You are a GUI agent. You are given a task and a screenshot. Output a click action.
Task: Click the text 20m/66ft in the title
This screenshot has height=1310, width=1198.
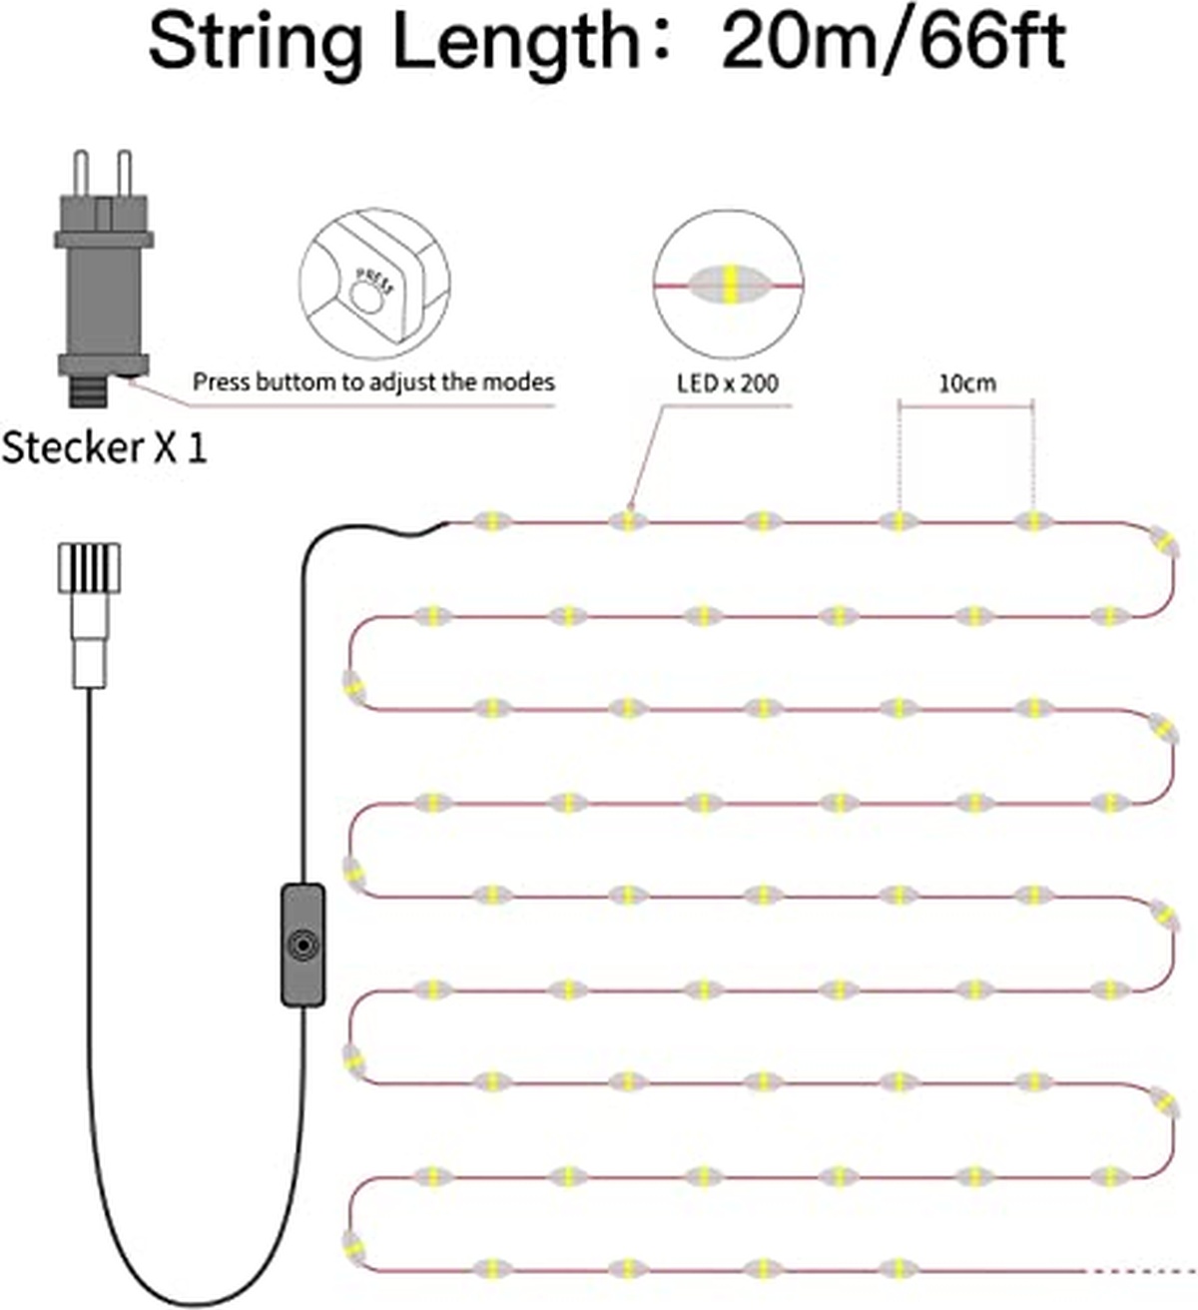tap(893, 42)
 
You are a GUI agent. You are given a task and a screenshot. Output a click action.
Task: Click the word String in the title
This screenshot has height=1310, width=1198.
tap(255, 42)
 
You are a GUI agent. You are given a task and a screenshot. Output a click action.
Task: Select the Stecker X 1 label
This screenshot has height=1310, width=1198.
tap(104, 447)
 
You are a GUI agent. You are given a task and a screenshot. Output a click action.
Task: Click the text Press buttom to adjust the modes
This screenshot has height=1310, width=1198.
tap(373, 381)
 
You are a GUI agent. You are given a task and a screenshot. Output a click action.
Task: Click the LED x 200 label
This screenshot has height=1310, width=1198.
tap(728, 382)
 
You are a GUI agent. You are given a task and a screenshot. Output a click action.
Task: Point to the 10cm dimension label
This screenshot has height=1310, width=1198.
tap(966, 382)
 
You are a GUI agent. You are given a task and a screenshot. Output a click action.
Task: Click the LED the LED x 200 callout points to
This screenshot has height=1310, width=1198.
tap(627, 521)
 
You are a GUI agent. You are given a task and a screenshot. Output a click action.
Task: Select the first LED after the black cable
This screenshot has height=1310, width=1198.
tap(492, 521)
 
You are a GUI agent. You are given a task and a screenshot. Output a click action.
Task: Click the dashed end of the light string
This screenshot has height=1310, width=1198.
tap(1138, 1270)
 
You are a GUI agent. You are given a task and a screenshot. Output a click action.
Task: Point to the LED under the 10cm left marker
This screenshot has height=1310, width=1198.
tap(898, 521)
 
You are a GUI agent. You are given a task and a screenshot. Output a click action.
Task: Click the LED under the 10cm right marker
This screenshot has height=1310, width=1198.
tap(1032, 521)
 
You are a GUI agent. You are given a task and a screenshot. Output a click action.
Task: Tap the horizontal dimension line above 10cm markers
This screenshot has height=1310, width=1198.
tap(965, 405)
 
